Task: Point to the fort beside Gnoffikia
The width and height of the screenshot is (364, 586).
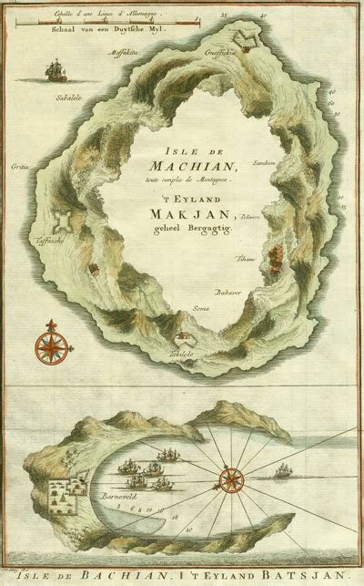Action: (245, 34)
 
